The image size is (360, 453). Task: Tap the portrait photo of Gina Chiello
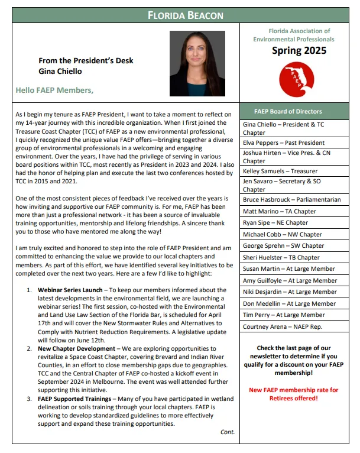pyautogui.click(x=197, y=63)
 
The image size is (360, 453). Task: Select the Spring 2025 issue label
pyautogui.click(x=299, y=51)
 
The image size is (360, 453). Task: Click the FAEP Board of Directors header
pyautogui.click(x=288, y=111)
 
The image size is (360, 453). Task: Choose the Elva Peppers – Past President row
pyautogui.click(x=284, y=143)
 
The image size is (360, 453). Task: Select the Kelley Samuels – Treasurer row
pyautogui.click(x=280, y=172)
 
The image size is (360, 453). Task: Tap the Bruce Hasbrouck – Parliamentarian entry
pyautogui.click(x=292, y=200)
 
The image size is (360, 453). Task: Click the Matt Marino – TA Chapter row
pyautogui.click(x=280, y=211)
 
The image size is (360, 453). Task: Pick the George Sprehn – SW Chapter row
pyautogui.click(x=283, y=246)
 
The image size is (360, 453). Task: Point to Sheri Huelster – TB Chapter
pyautogui.click(x=281, y=257)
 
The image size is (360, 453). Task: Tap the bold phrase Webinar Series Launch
pyautogui.click(x=69, y=290)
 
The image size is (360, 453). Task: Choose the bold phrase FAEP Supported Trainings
pyautogui.click(x=76, y=399)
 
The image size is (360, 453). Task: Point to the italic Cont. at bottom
pyautogui.click(x=228, y=432)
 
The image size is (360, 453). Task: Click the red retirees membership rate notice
pyautogui.click(x=293, y=394)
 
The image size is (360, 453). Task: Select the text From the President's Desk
pyautogui.click(x=86, y=60)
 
